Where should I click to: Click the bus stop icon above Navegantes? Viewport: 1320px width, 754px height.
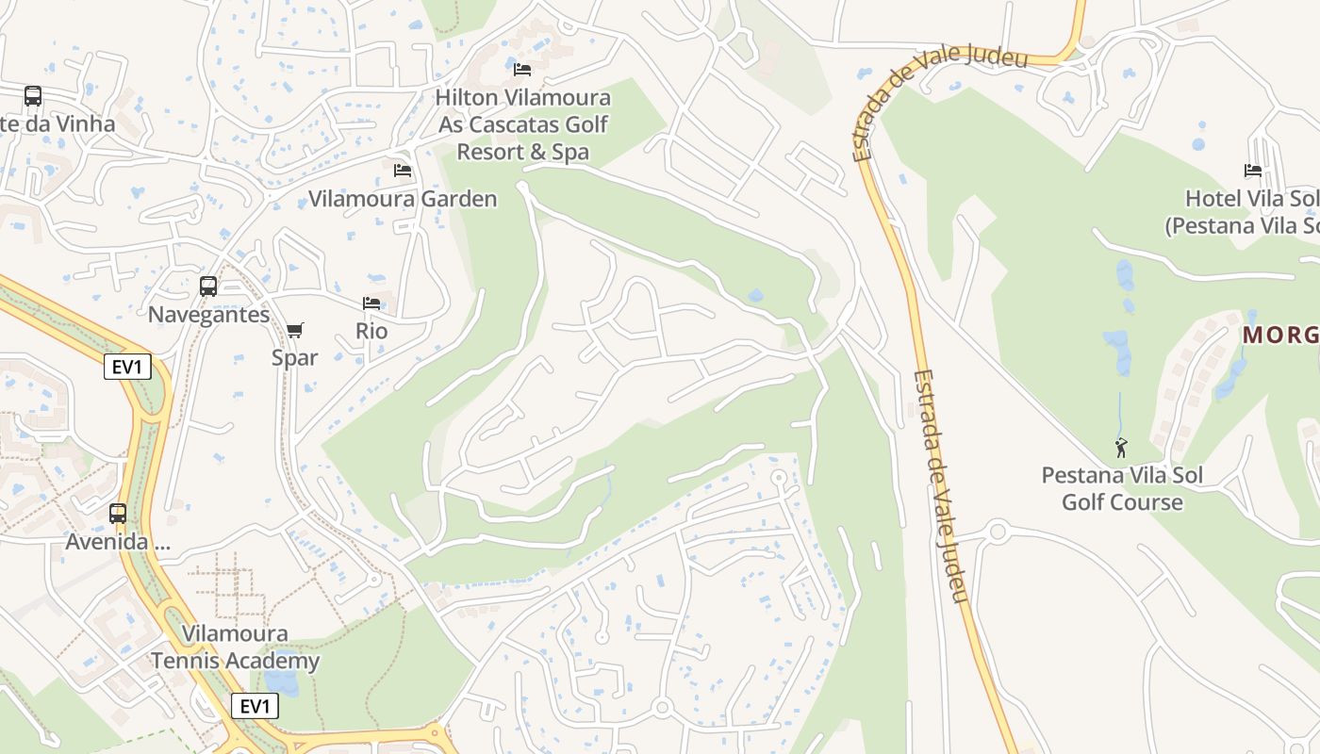point(208,287)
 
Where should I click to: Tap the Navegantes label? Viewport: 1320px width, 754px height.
point(208,315)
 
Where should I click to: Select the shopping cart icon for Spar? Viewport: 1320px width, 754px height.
point(295,330)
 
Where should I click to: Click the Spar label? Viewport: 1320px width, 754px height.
point(295,357)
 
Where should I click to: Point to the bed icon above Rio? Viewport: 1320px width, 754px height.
point(371,303)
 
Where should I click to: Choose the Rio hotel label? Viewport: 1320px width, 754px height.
point(371,331)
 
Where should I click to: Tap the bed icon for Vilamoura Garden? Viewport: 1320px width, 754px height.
point(403,171)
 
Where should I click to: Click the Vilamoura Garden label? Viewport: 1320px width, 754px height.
point(403,199)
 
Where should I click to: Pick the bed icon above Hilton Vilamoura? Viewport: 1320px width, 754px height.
point(522,69)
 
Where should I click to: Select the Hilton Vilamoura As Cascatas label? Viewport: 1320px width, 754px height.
point(523,124)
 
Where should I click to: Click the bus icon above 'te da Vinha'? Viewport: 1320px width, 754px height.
point(33,96)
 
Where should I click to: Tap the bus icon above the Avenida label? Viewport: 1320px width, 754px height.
point(118,514)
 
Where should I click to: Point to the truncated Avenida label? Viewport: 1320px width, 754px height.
point(118,542)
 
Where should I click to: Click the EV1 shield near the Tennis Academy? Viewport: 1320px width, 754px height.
point(255,706)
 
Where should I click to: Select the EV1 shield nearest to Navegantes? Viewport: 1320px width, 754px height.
point(126,367)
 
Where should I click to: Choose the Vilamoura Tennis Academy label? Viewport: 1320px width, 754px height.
point(236,647)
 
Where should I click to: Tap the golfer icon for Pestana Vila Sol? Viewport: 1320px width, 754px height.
point(1121,448)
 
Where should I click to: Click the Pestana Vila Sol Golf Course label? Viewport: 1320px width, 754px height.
point(1122,488)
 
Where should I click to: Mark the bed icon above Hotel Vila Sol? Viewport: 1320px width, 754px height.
point(1253,171)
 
